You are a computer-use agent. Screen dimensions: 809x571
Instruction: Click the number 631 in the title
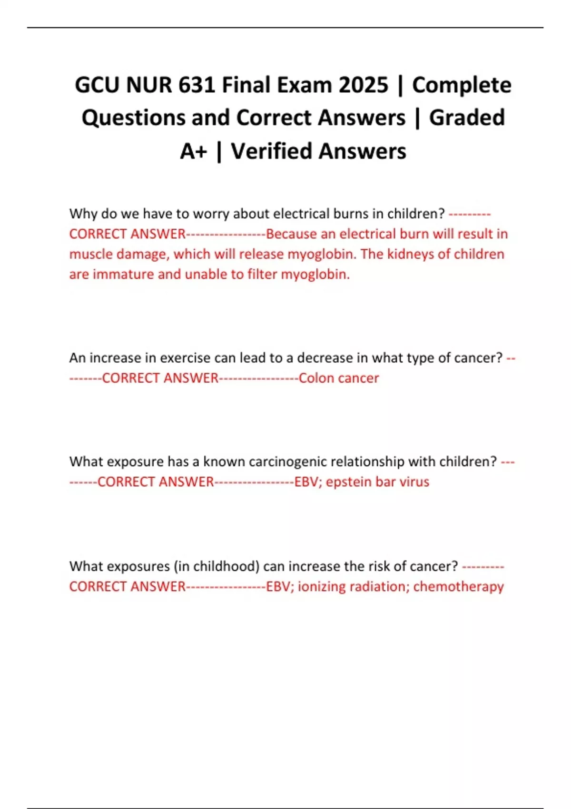tap(197, 85)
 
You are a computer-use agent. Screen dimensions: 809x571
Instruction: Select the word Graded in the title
tap(467, 118)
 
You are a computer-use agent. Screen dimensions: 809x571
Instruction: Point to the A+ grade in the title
tap(194, 151)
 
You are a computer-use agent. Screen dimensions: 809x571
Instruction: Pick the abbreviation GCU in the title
tap(97, 85)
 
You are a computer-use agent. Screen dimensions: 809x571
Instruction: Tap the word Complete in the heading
tap(462, 85)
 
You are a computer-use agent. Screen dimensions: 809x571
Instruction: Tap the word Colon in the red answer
tap(316, 378)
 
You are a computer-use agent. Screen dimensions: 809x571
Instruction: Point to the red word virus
tap(414, 482)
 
